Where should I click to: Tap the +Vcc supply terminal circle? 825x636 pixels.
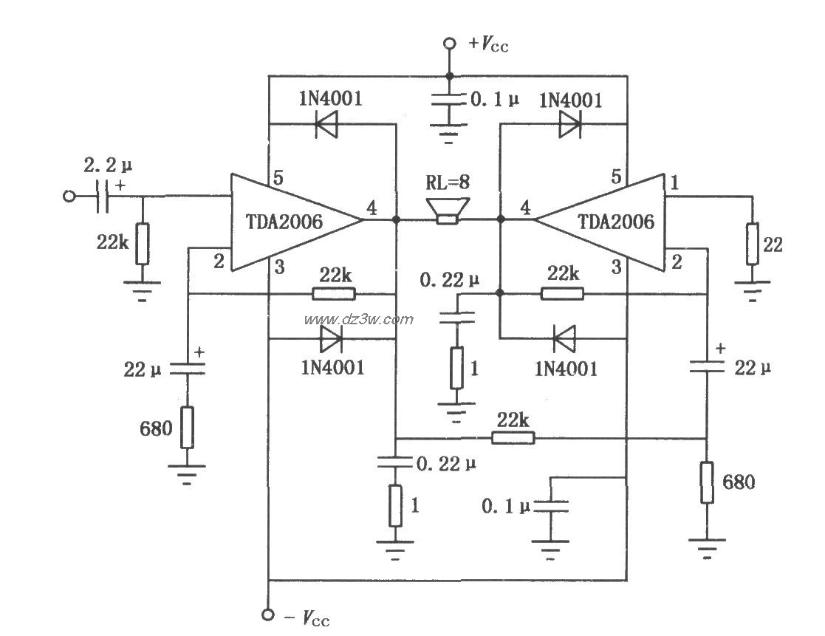pos(448,44)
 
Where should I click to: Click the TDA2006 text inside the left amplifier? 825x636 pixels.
pos(285,221)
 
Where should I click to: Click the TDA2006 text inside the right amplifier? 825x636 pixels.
pos(617,221)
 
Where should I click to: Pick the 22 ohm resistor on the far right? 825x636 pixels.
pos(752,245)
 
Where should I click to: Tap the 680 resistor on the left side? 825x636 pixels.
pos(188,428)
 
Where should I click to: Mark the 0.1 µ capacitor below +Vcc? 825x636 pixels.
pos(448,104)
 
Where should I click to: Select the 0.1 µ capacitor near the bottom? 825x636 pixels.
pos(551,507)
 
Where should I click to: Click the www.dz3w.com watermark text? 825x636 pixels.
pos(359,319)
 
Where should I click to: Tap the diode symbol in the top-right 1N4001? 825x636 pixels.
pos(570,124)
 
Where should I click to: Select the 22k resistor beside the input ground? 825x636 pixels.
pos(142,244)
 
